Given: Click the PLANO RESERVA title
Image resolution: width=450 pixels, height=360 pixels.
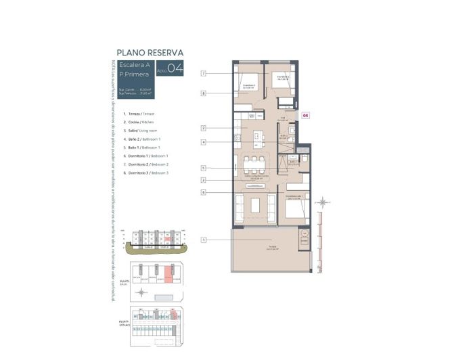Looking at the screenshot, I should [150, 52].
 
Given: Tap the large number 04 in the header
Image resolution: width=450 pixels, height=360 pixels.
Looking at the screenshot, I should [175, 68].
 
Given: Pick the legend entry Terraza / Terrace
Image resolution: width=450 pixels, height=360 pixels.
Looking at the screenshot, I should [139, 114].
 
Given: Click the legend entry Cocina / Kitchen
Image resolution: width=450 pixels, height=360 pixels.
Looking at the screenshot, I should [139, 122].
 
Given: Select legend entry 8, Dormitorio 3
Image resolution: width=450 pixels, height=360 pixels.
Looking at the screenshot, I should [146, 174].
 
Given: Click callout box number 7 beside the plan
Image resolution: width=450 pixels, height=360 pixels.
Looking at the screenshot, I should [203, 73].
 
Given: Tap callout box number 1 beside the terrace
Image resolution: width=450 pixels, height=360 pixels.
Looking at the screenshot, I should [203, 240].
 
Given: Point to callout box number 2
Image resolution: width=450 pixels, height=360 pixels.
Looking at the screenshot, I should [203, 128].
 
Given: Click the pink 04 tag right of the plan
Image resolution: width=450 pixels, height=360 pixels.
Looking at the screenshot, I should [305, 116].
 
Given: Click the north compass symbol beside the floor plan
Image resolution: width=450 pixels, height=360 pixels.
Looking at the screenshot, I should [325, 202].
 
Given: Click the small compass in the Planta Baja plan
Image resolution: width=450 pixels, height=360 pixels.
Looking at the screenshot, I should [141, 292].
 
